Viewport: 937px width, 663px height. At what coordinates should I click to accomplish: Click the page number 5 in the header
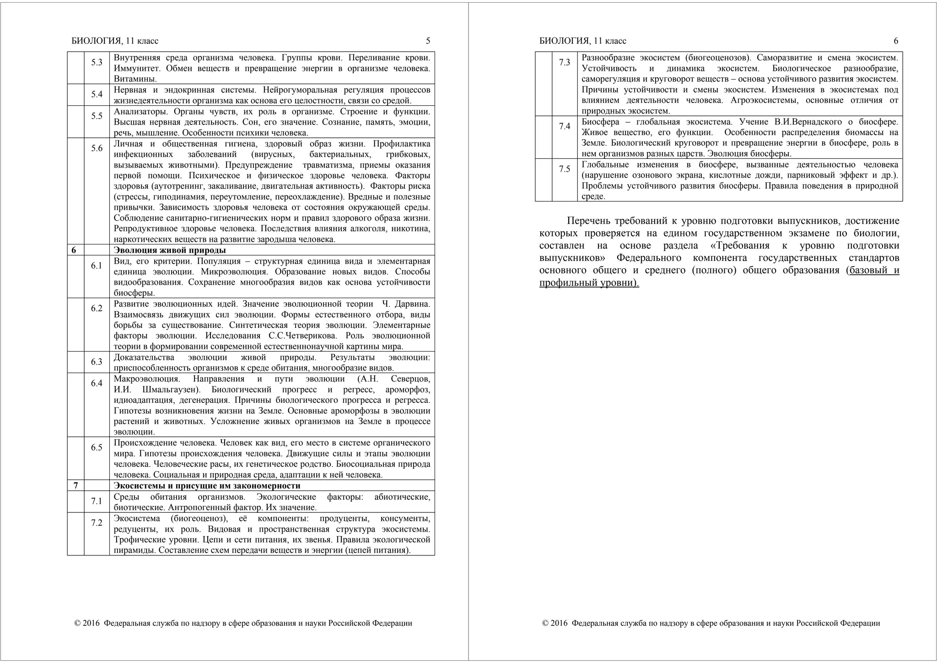[x=428, y=41]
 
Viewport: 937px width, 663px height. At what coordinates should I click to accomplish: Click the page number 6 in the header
[x=896, y=41]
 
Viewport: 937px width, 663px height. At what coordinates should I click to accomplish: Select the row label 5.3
[x=97, y=63]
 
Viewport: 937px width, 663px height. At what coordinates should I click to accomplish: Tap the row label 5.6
[x=97, y=148]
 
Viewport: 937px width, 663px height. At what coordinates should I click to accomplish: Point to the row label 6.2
[x=97, y=309]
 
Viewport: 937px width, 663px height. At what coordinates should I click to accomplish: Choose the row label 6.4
[x=97, y=384]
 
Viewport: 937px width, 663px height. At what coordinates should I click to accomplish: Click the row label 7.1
[x=97, y=501]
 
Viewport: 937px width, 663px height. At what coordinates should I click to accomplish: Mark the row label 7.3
[x=565, y=63]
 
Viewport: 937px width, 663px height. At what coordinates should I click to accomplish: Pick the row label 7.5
[x=565, y=169]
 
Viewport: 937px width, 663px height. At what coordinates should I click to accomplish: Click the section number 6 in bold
[x=74, y=250]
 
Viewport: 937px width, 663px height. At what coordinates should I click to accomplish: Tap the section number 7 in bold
[x=75, y=486]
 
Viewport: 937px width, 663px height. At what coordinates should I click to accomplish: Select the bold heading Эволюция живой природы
[x=170, y=250]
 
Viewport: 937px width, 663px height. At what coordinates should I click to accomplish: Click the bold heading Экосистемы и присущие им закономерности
[x=207, y=486]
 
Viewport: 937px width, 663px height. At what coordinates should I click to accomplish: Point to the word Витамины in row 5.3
[x=135, y=79]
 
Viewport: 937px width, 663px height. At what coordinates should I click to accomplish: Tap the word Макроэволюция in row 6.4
[x=147, y=379]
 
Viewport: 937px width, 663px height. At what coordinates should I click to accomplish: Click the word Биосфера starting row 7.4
[x=600, y=122]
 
